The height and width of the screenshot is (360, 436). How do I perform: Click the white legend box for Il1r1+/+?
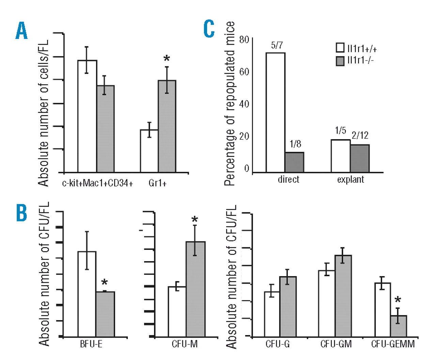(340, 48)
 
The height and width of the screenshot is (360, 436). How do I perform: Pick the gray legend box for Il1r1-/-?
(340, 61)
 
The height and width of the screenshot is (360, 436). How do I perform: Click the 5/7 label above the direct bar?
(277, 45)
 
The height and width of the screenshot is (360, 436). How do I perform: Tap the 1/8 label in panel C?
(295, 144)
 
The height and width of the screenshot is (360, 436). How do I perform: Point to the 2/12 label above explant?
(360, 136)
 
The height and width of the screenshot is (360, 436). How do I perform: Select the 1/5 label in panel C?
(340, 131)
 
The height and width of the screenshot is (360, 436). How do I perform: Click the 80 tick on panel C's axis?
(244, 40)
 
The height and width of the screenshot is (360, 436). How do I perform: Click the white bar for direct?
(276, 112)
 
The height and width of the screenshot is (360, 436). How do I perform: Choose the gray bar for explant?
(360, 158)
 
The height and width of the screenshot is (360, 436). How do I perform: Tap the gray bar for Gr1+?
(167, 126)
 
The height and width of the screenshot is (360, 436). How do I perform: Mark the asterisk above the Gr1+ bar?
(167, 59)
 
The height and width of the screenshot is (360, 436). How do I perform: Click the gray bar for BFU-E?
(105, 314)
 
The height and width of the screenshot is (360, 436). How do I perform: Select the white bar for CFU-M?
(177, 312)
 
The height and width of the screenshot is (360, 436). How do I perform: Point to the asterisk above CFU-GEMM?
(398, 300)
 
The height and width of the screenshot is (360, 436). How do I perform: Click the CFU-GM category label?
(336, 344)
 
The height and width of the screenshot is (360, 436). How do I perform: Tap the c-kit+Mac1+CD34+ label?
(97, 183)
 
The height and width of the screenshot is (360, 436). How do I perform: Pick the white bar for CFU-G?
(272, 314)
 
